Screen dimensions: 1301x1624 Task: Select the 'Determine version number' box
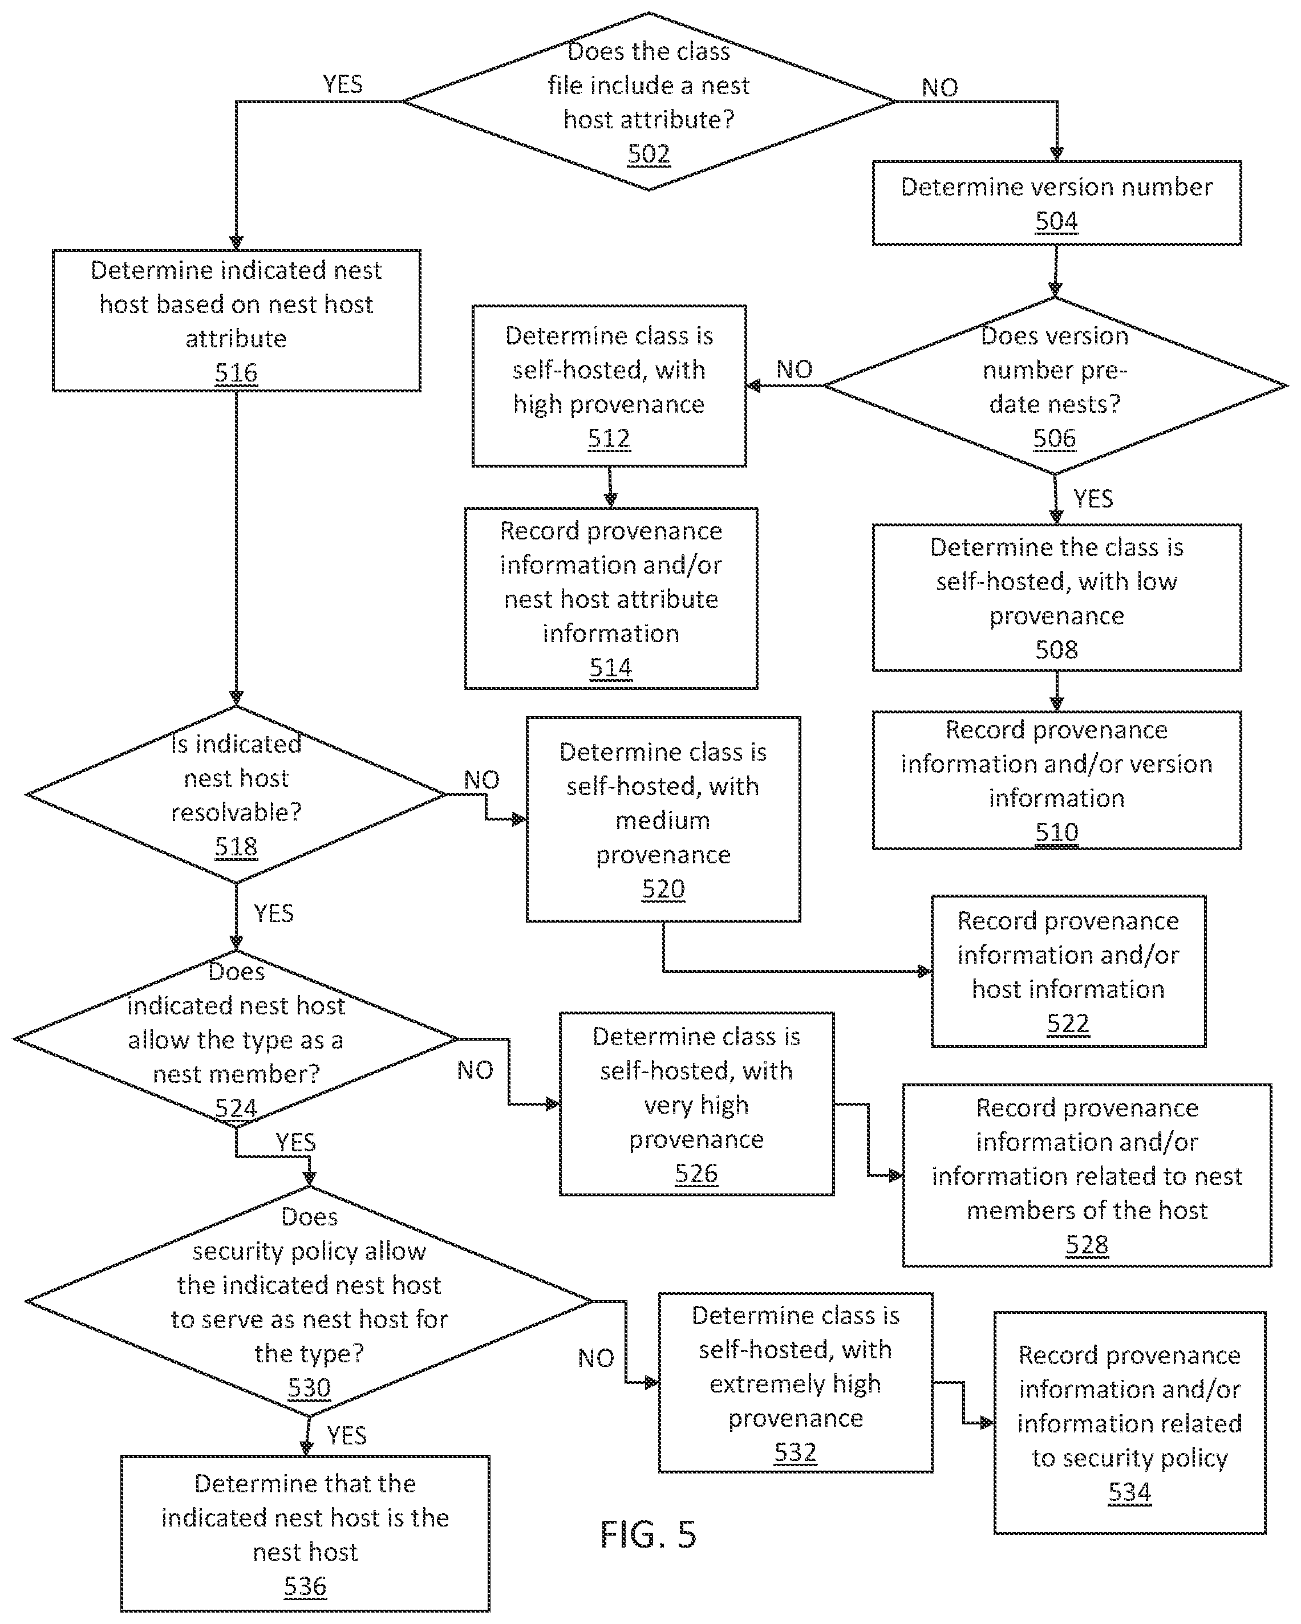click(1056, 202)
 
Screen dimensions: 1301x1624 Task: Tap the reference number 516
click(236, 373)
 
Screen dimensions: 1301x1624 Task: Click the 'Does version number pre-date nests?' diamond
click(1055, 385)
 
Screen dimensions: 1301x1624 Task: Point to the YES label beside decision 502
click(343, 84)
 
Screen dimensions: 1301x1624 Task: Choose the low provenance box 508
click(1056, 598)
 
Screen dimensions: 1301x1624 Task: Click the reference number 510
click(1056, 833)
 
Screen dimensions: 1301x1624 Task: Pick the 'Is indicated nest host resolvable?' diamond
click(236, 794)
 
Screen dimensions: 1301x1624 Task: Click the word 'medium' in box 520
click(662, 821)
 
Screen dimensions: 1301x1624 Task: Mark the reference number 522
click(1068, 1024)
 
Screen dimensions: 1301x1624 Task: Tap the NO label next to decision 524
click(475, 1070)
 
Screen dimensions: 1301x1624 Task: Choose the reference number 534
click(1129, 1492)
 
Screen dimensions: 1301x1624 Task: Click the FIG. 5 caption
click(648, 1534)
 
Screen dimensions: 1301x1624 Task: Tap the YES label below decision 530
click(347, 1435)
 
